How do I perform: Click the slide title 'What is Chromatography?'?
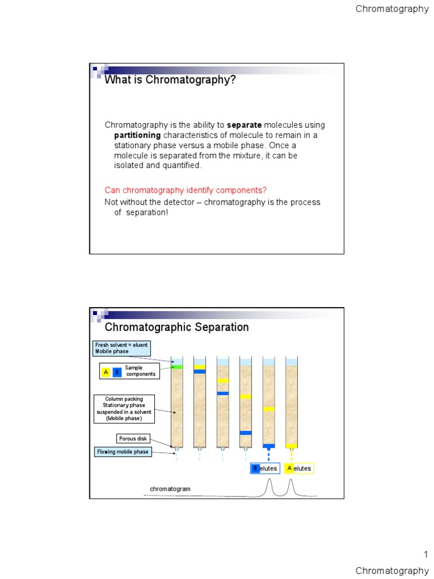[170, 80]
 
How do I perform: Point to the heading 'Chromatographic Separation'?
[177, 327]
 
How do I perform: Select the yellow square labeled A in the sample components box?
[106, 372]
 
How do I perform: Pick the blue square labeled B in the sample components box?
[117, 372]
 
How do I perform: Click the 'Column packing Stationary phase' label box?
[123, 409]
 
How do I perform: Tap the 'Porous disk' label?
[133, 439]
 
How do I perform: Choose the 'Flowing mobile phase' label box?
[123, 452]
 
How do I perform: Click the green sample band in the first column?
[177, 368]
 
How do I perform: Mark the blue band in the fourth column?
[245, 433]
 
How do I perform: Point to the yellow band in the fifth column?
[269, 409]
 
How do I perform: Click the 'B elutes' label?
[265, 468]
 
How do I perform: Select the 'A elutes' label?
[299, 468]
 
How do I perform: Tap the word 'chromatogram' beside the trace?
[170, 489]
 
